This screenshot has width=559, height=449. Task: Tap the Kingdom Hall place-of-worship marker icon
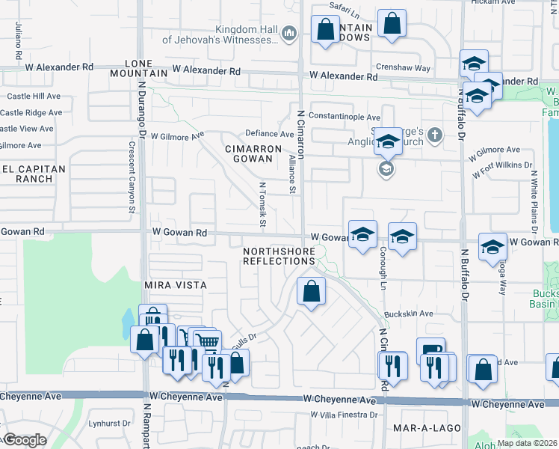click(291, 32)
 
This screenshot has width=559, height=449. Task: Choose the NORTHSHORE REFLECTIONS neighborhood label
click(279, 255)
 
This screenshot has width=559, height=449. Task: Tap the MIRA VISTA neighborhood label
click(174, 286)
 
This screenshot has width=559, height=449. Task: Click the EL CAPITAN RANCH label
click(27, 174)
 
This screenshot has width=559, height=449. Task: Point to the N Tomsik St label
click(262, 204)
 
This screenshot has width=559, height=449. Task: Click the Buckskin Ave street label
click(409, 314)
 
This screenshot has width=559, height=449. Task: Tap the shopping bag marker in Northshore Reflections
click(311, 291)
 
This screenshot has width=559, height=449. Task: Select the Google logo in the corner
click(24, 440)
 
